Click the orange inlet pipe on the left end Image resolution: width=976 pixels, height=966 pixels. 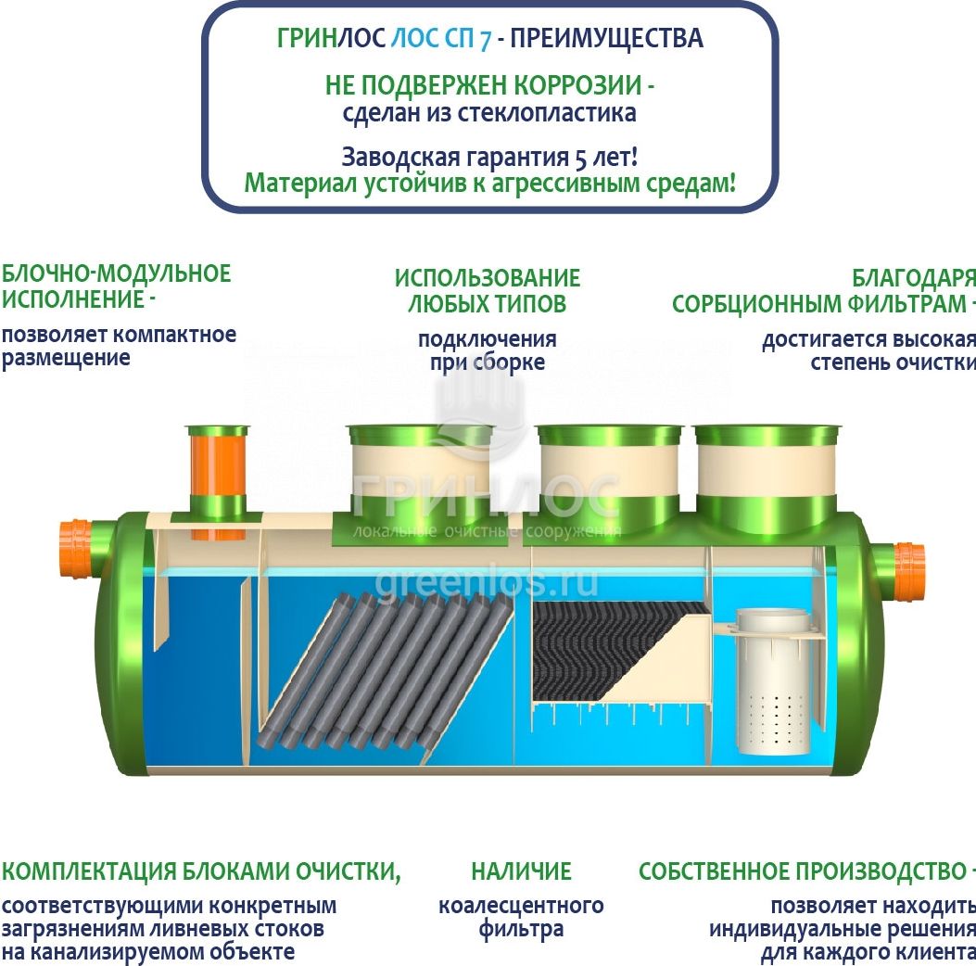point(77,549)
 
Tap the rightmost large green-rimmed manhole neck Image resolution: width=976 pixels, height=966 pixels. point(767,477)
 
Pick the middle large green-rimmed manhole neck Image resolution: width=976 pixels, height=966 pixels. point(609,477)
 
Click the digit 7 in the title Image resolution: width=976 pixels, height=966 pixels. point(485,39)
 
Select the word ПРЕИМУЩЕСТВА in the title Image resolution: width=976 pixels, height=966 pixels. point(607,39)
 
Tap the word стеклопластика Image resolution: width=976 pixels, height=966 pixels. point(547,113)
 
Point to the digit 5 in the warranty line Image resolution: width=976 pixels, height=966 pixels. point(580,159)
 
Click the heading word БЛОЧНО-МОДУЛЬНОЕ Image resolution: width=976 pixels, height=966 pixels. point(117,273)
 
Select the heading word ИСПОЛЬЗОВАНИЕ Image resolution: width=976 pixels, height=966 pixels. point(488,278)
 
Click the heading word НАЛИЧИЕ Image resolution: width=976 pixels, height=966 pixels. point(521,871)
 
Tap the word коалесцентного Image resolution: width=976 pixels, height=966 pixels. point(521,907)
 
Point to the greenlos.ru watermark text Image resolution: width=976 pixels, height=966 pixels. point(487,583)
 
